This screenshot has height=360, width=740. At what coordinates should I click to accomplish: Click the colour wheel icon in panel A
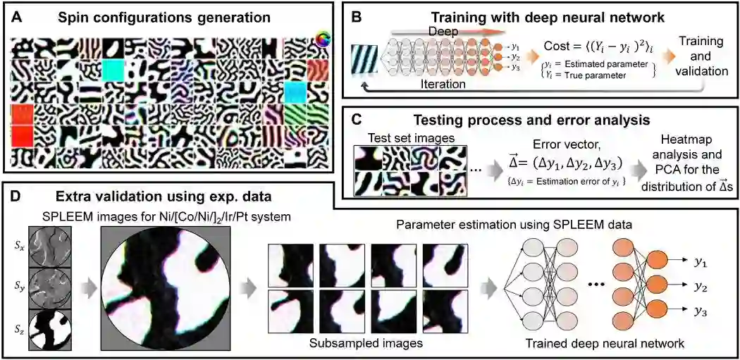[x=324, y=39]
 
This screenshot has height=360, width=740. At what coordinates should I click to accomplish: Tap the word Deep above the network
[x=443, y=32]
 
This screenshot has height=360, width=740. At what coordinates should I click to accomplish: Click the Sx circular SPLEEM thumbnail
[x=50, y=247]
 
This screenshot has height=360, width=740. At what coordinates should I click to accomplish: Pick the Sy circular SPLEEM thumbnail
[x=50, y=287]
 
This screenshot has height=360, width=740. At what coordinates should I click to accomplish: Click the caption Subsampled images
[x=366, y=345]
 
